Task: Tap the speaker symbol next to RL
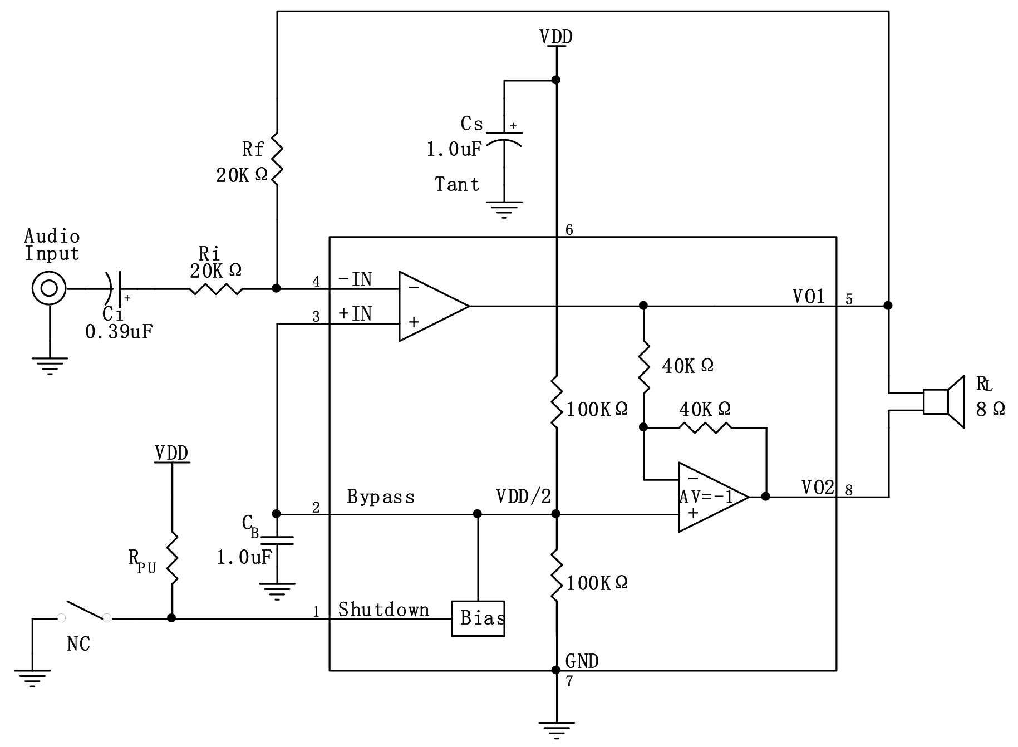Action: point(944,402)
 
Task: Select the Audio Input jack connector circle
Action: point(49,288)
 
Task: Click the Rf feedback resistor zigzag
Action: point(277,158)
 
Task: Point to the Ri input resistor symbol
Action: point(216,289)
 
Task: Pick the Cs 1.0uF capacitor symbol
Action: point(504,139)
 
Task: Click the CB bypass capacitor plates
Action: point(277,540)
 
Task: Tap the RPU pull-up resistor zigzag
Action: point(172,558)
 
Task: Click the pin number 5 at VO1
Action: point(849,299)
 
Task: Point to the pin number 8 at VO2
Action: point(849,490)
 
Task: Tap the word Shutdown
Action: point(383,610)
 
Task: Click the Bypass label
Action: point(381,497)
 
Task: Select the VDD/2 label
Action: point(523,496)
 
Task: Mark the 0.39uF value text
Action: point(119,332)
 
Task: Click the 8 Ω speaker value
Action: point(991,409)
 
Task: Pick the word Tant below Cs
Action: point(457,184)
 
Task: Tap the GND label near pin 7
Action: point(582,661)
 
